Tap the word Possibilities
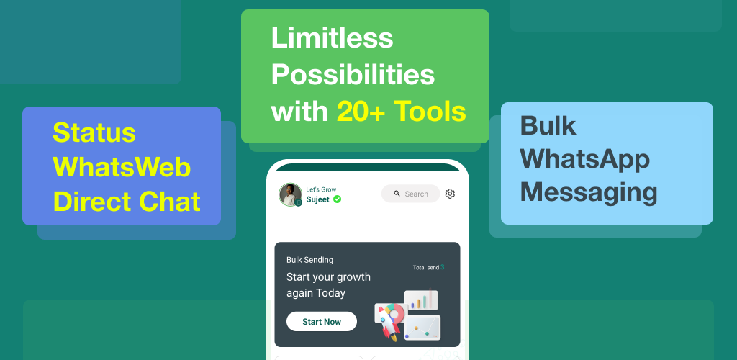coord(353,74)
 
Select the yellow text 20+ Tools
coord(402,112)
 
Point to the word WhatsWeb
coord(122,167)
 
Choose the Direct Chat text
coord(127,202)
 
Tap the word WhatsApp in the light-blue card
coord(585,160)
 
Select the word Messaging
coord(589,193)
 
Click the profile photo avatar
coord(291,194)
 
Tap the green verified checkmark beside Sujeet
coord(337,199)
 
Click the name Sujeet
coord(318,199)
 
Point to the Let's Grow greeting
coord(321,189)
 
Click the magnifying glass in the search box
coord(397,193)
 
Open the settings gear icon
coord(450,194)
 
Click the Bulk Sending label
coord(309,260)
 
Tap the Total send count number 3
coord(443,267)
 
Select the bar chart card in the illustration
coord(421,300)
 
